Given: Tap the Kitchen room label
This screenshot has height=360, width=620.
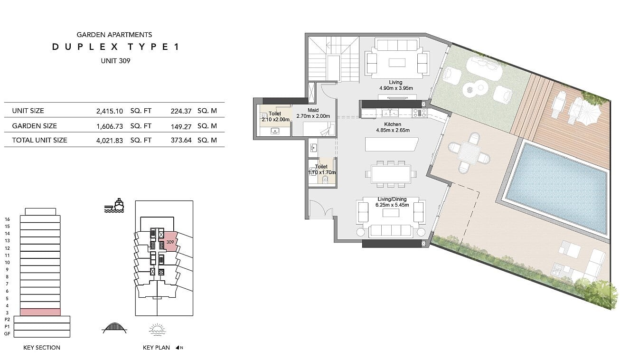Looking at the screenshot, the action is point(393,124).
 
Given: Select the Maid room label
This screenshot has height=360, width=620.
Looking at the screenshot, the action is point(313,110).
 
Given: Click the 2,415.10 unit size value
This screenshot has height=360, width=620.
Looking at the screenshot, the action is point(110,111).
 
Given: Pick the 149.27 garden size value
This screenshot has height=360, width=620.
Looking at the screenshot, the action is point(181,126).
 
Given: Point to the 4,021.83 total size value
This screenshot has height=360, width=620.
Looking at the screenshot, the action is point(110,141).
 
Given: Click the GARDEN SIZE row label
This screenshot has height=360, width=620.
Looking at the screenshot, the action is point(35,126).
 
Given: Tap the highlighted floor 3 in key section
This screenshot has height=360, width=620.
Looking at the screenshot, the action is point(40,312).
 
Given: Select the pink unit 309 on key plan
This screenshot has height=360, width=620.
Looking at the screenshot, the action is point(169,242).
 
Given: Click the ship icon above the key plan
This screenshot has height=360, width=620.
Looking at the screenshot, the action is point(114,206).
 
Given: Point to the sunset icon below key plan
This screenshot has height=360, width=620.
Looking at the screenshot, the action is point(157,330).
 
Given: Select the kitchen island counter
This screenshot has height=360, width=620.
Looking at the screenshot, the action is point(391,144).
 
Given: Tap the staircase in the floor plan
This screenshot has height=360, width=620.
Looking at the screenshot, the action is point(334,59).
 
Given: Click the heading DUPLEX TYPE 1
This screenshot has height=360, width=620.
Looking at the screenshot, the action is point(115,47).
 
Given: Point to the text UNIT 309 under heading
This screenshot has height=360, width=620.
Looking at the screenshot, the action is point(115,61).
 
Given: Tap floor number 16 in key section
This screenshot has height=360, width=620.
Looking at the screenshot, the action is point(7,219).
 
